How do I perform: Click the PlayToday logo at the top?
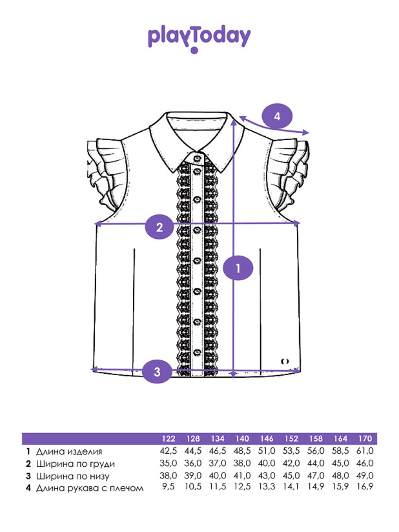click(x=199, y=37)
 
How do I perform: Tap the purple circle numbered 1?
click(x=239, y=268)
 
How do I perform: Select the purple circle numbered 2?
click(x=159, y=226)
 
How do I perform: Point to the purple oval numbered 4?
click(x=277, y=116)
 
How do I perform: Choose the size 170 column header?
click(x=365, y=438)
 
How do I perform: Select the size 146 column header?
click(x=268, y=438)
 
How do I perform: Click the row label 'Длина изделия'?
click(x=69, y=451)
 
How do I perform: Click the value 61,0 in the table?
click(x=365, y=451)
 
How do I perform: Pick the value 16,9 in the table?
click(x=365, y=488)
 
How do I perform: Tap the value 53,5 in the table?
click(x=292, y=451)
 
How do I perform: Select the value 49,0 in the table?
click(x=365, y=476)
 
